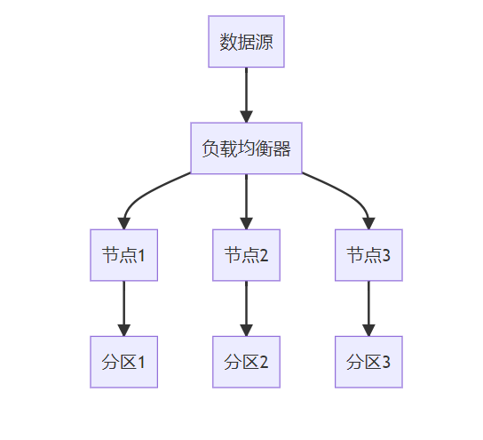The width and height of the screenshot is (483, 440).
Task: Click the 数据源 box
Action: point(246,41)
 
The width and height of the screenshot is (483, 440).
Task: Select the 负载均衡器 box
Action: point(246,148)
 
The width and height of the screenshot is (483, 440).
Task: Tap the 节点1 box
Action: point(123,255)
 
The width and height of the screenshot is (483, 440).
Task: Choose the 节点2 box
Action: point(246,255)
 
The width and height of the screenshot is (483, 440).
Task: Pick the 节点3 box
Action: point(368,255)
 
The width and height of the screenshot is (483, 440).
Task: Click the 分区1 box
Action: point(123,362)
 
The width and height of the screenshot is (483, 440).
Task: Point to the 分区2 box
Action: point(246,362)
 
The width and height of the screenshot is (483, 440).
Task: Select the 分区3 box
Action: point(368,362)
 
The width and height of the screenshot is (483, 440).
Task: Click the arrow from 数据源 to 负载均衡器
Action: point(246,95)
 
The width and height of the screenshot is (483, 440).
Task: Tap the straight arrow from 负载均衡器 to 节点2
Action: point(246,202)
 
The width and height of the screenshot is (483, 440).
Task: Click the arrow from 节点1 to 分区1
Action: point(123,308)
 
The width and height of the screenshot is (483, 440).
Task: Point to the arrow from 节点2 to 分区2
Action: point(246,308)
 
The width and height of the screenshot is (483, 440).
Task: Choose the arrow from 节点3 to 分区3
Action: point(368,308)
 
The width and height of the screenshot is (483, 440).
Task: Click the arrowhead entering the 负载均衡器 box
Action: point(246,116)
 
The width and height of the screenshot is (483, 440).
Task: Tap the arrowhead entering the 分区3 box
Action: point(368,331)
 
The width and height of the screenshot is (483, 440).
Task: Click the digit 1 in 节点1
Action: point(141,256)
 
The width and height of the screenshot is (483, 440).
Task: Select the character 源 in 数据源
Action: point(264,42)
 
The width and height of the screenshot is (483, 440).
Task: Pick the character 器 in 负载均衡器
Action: point(281,148)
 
